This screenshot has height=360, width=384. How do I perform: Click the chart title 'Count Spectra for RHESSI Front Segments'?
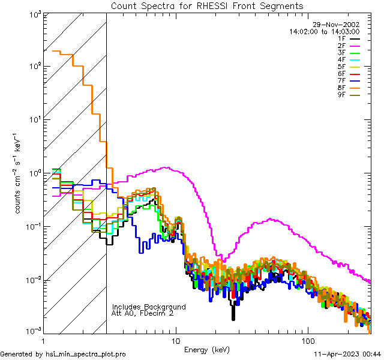coord(207,5)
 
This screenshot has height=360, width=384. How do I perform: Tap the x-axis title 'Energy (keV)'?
coord(207,349)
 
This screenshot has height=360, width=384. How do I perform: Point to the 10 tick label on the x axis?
coord(176,340)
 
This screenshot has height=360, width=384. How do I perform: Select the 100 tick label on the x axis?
coord(307,340)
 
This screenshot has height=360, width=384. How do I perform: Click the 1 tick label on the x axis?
coord(43,340)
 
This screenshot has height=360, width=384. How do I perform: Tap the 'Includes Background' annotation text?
coord(149,307)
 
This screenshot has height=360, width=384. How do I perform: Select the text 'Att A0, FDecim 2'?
coord(143,313)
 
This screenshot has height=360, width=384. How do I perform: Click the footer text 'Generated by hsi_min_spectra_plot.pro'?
coord(63,354)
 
